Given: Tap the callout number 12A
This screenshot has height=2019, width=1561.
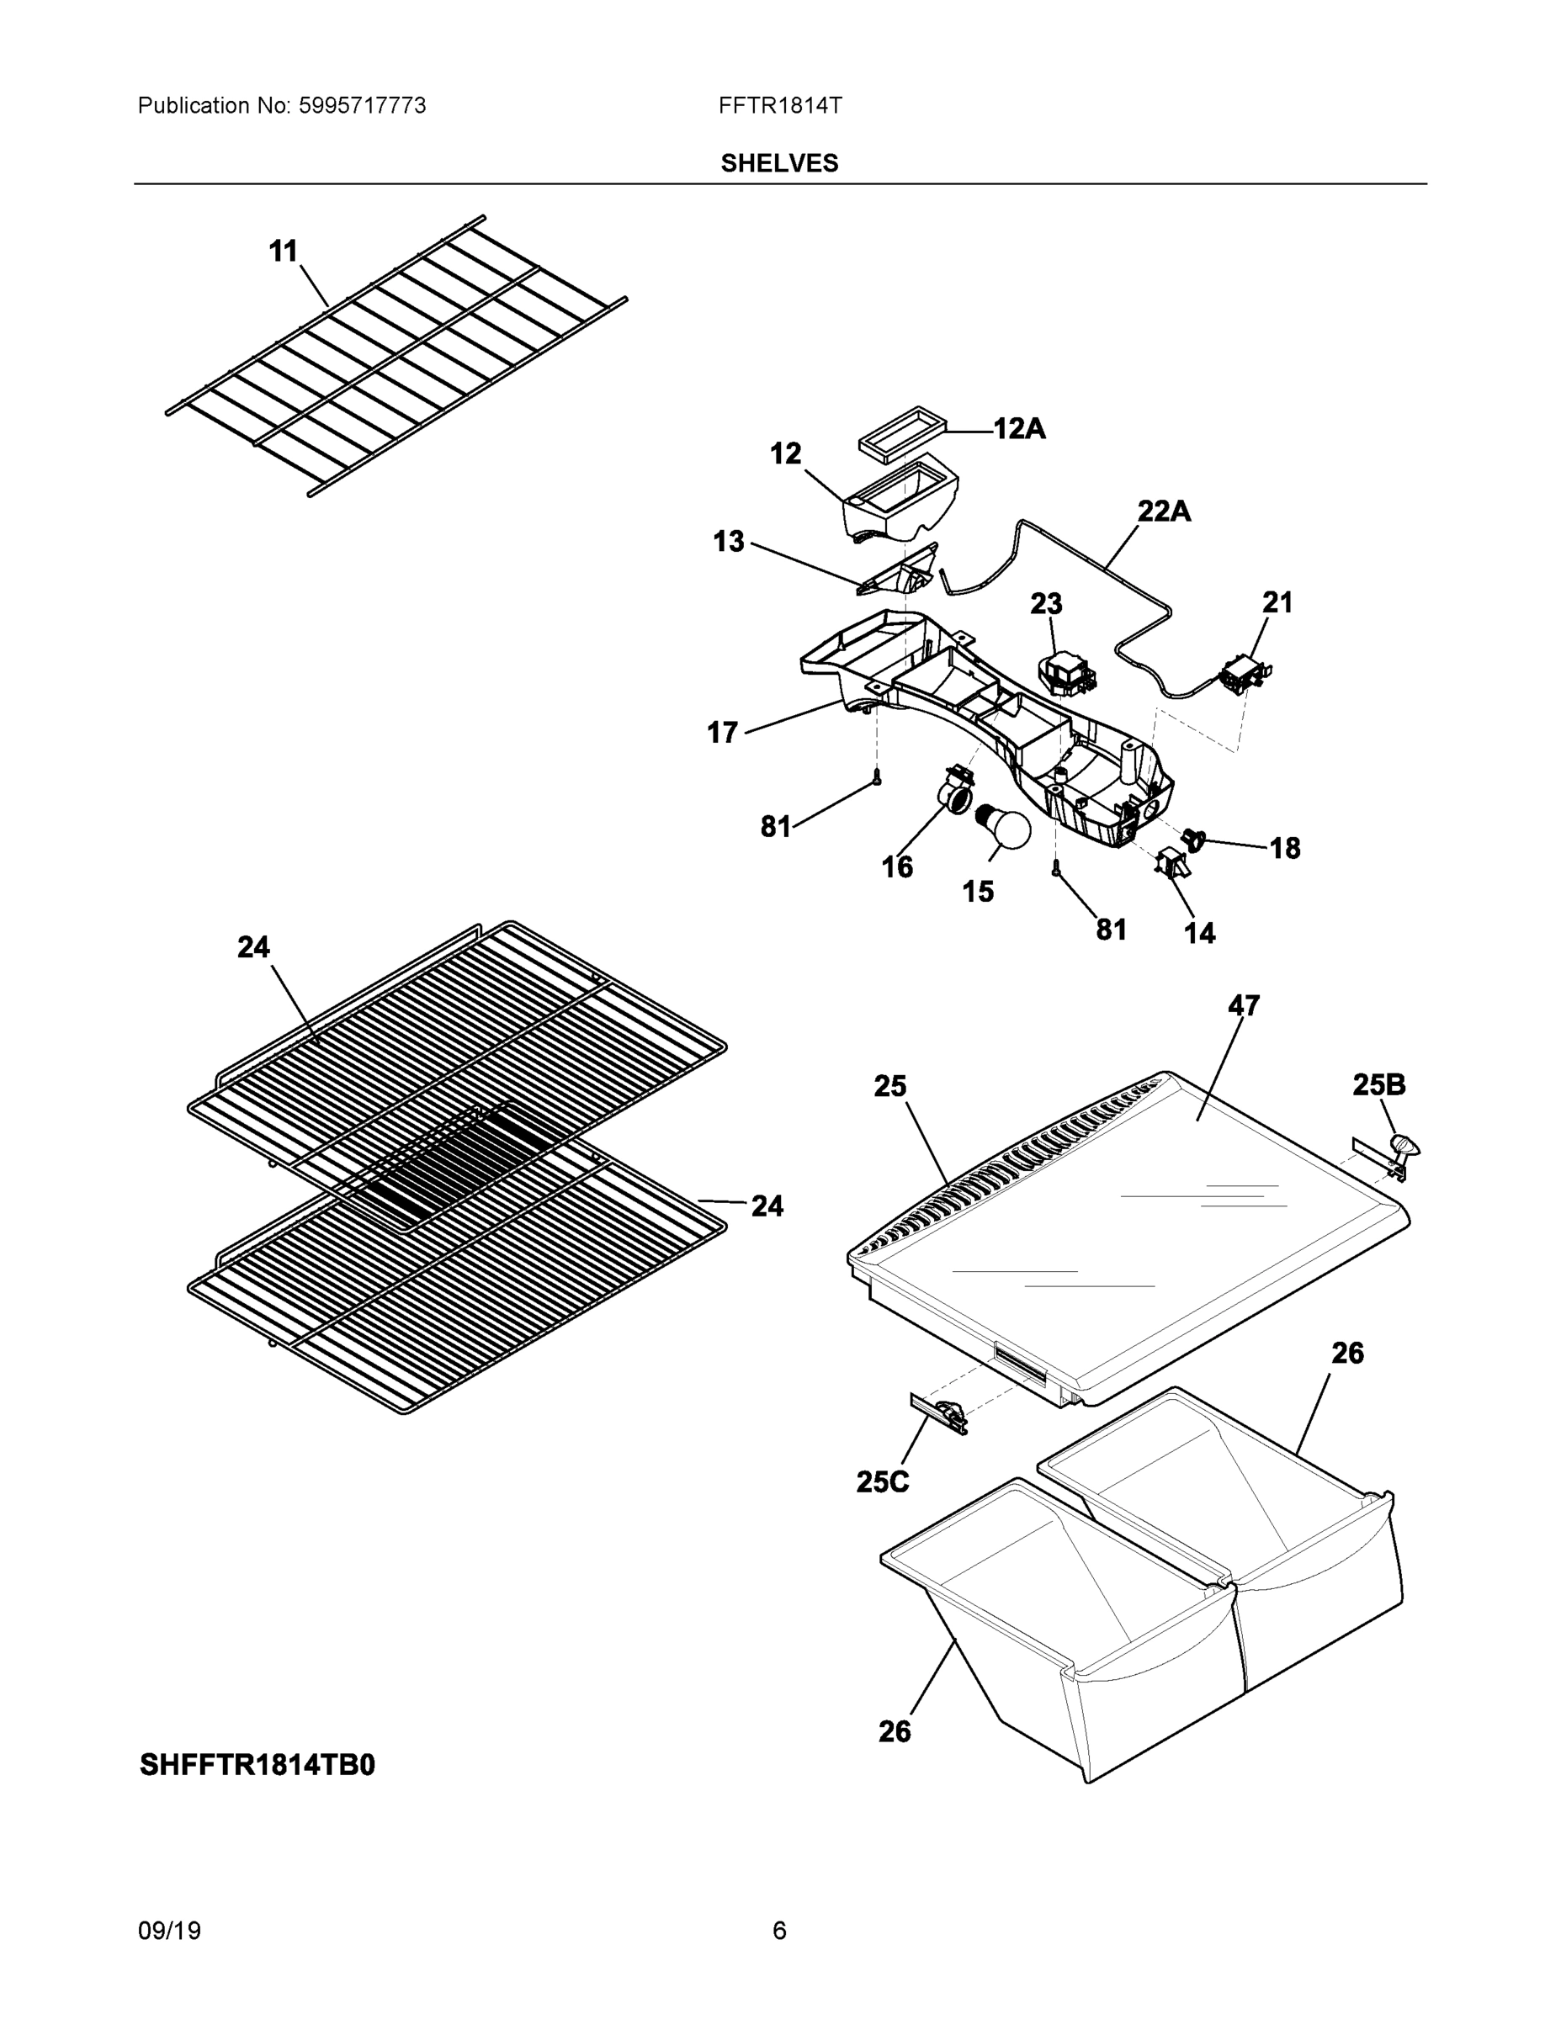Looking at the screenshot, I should [x=1019, y=429].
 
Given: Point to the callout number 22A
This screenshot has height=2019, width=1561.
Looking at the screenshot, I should [x=1162, y=511].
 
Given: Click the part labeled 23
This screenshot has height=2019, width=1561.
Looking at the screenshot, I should [x=1067, y=675].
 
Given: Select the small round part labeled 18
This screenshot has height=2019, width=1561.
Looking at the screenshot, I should [x=1194, y=840].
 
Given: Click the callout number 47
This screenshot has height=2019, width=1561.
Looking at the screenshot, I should [x=1243, y=1006].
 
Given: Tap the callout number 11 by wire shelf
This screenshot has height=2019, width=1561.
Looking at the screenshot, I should [x=283, y=252].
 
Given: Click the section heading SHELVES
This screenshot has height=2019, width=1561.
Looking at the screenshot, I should [x=778, y=164].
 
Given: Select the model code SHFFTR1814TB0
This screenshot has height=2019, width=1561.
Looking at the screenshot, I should [x=258, y=1766].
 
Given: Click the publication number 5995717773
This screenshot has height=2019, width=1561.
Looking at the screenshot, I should [x=362, y=106].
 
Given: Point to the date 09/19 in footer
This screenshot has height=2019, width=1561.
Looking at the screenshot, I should [x=168, y=1932].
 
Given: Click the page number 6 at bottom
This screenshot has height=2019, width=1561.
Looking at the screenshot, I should [x=778, y=1932].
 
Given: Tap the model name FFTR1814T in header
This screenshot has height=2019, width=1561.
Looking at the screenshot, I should [x=779, y=106].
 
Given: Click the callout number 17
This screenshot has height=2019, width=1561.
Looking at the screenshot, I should [x=722, y=733].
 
